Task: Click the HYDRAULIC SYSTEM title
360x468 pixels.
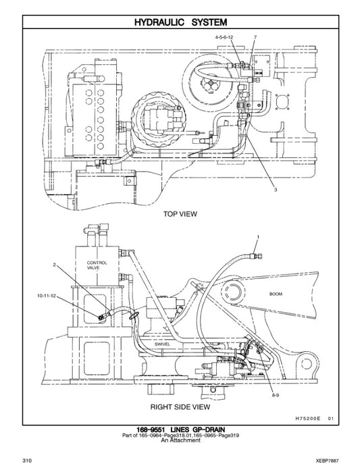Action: (x=180, y=22)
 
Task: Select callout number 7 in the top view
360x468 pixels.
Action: (x=255, y=35)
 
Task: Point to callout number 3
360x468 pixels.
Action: (x=276, y=190)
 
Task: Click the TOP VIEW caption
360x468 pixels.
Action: (x=180, y=213)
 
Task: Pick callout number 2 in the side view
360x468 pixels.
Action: (x=54, y=265)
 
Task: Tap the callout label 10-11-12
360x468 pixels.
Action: (x=47, y=296)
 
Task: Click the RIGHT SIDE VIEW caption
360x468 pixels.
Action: (x=180, y=407)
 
